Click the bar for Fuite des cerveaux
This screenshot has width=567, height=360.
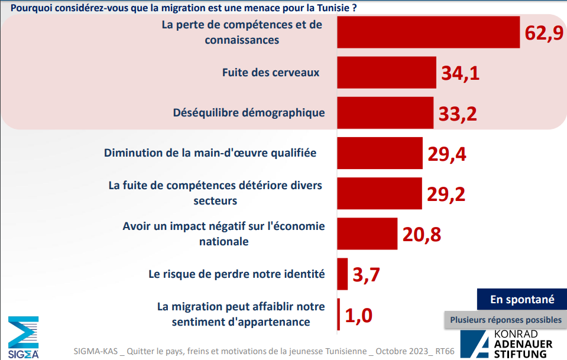(387, 73)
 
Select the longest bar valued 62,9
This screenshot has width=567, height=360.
(428, 32)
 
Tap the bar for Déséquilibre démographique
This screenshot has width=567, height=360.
(385, 113)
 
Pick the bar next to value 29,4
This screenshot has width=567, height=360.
(380, 153)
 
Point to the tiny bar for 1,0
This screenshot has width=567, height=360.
(339, 314)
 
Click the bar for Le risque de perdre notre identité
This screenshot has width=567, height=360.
(342, 274)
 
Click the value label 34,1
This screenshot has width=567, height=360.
(460, 73)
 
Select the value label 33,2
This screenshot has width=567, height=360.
(458, 113)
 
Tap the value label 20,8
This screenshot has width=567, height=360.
(422, 235)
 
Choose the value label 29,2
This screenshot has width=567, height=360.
(446, 194)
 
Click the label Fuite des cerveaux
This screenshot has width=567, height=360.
(271, 73)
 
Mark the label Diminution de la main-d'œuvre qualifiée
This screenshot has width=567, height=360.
(210, 153)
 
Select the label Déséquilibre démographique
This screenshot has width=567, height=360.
(249, 112)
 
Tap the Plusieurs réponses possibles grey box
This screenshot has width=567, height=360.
(506, 320)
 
